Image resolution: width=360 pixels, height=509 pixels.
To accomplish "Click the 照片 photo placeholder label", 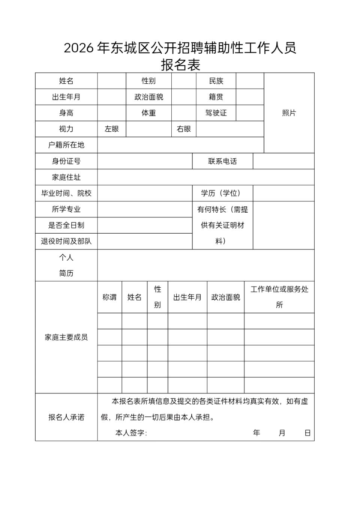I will click(289, 113).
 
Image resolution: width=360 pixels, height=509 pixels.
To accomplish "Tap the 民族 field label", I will click(216, 81).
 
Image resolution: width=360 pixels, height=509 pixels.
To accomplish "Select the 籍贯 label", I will click(216, 97).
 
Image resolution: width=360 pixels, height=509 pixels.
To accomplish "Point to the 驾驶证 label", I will click(216, 113).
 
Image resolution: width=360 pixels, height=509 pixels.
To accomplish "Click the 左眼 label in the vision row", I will click(112, 129).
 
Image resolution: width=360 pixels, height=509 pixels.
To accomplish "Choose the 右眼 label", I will click(184, 129).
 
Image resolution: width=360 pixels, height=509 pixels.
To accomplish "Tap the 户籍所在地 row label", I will click(66, 145).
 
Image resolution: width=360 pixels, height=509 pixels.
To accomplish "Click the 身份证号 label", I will click(66, 161).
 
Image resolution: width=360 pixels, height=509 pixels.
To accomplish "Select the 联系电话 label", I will click(222, 161).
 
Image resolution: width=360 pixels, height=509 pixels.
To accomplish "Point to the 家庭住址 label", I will click(66, 177).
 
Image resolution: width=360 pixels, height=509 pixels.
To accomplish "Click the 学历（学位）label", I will click(222, 193).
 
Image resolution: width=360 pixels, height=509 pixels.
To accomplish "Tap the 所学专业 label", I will click(66, 209).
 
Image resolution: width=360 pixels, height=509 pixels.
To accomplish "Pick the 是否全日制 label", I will click(66, 225).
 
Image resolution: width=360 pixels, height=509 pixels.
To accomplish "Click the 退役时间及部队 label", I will click(66, 241).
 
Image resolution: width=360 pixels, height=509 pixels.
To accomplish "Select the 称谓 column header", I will click(109, 297).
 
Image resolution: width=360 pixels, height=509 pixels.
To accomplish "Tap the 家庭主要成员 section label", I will click(66, 338).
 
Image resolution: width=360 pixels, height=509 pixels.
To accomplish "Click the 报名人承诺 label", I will click(66, 417).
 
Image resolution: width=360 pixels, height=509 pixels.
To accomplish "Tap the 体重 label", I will click(148, 113).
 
